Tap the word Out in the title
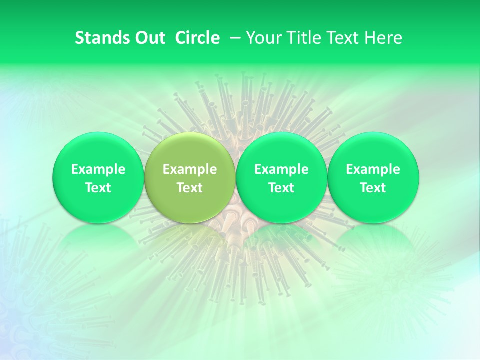(x=149, y=38)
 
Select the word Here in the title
(x=383, y=38)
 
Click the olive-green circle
(x=189, y=177)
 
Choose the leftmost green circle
(x=98, y=177)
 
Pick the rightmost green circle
(x=373, y=177)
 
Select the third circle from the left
(x=281, y=177)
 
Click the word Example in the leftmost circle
(x=98, y=169)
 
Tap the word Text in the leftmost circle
(x=98, y=188)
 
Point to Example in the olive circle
(x=189, y=169)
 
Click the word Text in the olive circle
(x=189, y=188)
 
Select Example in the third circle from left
(x=281, y=169)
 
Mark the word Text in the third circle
(x=281, y=188)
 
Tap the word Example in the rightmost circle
(x=373, y=169)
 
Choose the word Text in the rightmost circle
(x=373, y=188)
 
